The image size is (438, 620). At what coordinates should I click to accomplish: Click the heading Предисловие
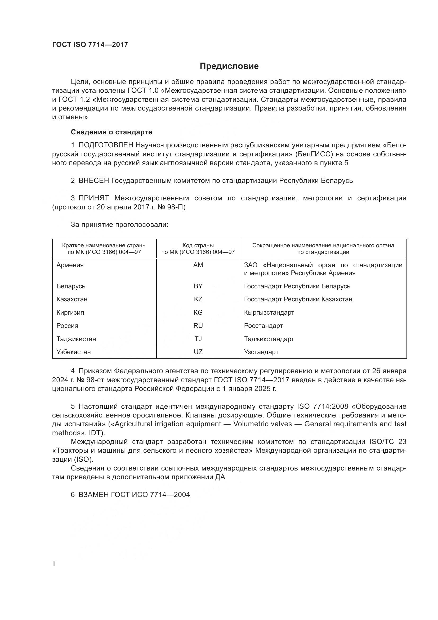[x=229, y=66]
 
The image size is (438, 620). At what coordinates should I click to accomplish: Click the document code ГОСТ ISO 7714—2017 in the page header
[x=90, y=45]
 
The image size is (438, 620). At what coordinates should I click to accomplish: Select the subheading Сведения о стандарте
[x=111, y=132]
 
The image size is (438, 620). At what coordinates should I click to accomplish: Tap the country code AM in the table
[x=198, y=265]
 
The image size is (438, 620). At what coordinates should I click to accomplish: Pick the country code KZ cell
[x=198, y=299]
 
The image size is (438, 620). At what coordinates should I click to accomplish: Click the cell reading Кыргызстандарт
[x=269, y=313]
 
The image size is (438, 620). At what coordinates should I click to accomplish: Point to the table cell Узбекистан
[x=73, y=352]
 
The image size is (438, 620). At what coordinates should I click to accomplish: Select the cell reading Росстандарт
[x=263, y=326]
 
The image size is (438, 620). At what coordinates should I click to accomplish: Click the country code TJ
[x=198, y=339]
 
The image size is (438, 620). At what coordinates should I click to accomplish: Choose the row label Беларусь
[x=71, y=286]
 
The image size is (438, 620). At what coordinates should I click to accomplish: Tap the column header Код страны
[x=198, y=245]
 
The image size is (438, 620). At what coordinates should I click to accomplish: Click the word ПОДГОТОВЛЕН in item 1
[x=106, y=145]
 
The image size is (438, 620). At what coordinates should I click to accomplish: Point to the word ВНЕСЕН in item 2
[x=93, y=181]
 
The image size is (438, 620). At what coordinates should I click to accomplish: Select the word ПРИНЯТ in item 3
[x=93, y=198]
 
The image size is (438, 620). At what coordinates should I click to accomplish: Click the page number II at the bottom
[x=54, y=564]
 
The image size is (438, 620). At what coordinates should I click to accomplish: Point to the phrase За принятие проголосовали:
[x=119, y=225]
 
